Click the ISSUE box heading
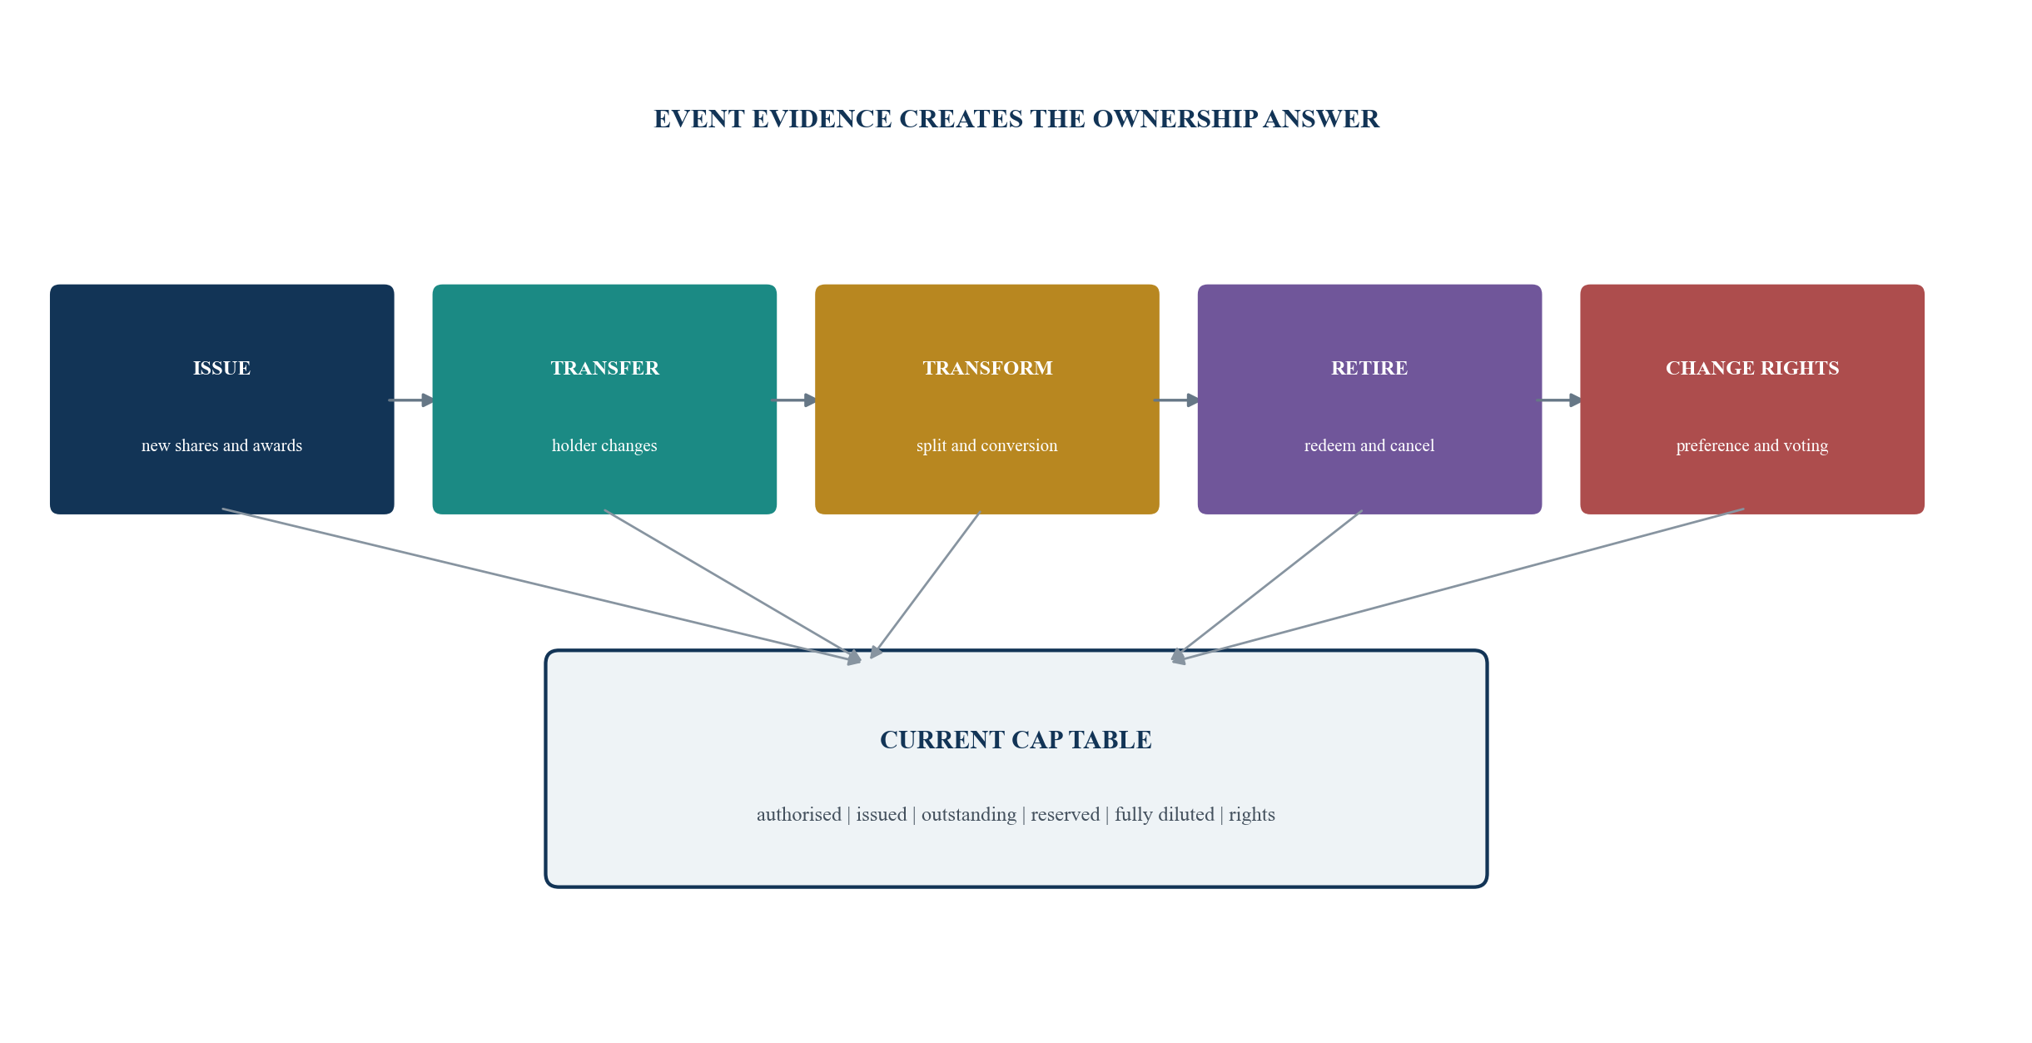click(x=221, y=368)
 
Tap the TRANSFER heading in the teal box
click(x=604, y=368)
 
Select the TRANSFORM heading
click(x=987, y=368)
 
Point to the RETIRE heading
click(x=1369, y=368)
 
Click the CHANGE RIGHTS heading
click(x=1752, y=368)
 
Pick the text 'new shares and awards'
click(x=221, y=445)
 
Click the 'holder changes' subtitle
click(x=604, y=445)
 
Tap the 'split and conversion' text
click(x=987, y=445)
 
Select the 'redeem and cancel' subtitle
click(x=1369, y=445)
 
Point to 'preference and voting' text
click(x=1752, y=445)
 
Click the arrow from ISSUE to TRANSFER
click(x=412, y=400)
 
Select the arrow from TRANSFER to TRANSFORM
click(x=795, y=400)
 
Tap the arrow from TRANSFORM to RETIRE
click(x=1177, y=400)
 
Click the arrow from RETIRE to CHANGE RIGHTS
click(x=1560, y=400)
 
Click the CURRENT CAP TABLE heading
click(x=1016, y=740)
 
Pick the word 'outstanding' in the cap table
click(x=969, y=814)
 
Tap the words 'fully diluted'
click(x=1165, y=814)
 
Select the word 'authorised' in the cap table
click(x=799, y=814)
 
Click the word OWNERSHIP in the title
click(x=1174, y=119)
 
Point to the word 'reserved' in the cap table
click(x=1066, y=814)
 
